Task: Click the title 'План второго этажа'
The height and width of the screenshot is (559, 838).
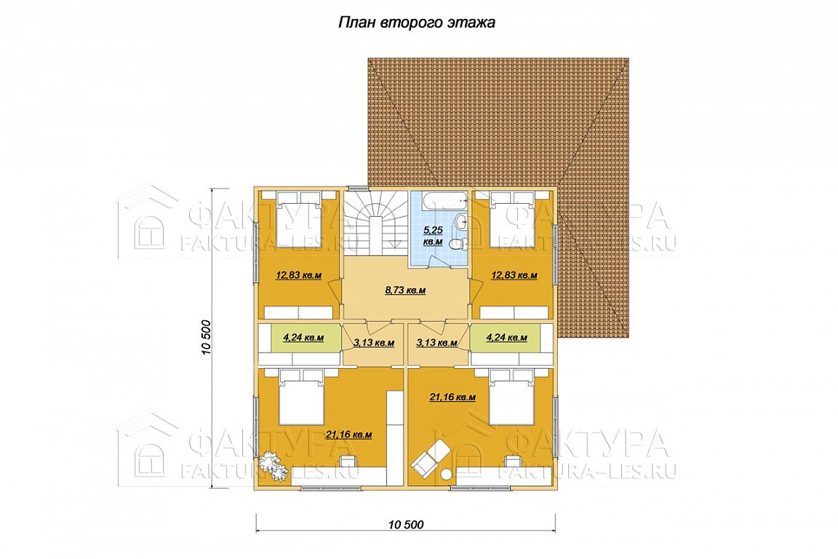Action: (416, 23)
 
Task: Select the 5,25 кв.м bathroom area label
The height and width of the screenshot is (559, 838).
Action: (432, 236)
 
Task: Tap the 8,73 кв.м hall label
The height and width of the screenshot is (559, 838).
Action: (405, 290)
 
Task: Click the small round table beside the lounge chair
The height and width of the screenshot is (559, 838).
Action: (446, 473)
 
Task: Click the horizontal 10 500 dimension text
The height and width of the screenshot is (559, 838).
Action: (404, 524)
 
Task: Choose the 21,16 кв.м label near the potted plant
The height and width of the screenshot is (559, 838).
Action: (348, 435)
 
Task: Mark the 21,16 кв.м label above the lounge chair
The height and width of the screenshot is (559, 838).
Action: (452, 397)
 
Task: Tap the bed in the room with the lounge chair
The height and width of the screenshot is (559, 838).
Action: (511, 398)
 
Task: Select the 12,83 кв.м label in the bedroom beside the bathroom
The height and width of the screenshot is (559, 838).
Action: (514, 275)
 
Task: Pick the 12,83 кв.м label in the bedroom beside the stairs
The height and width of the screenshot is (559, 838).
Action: (298, 275)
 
